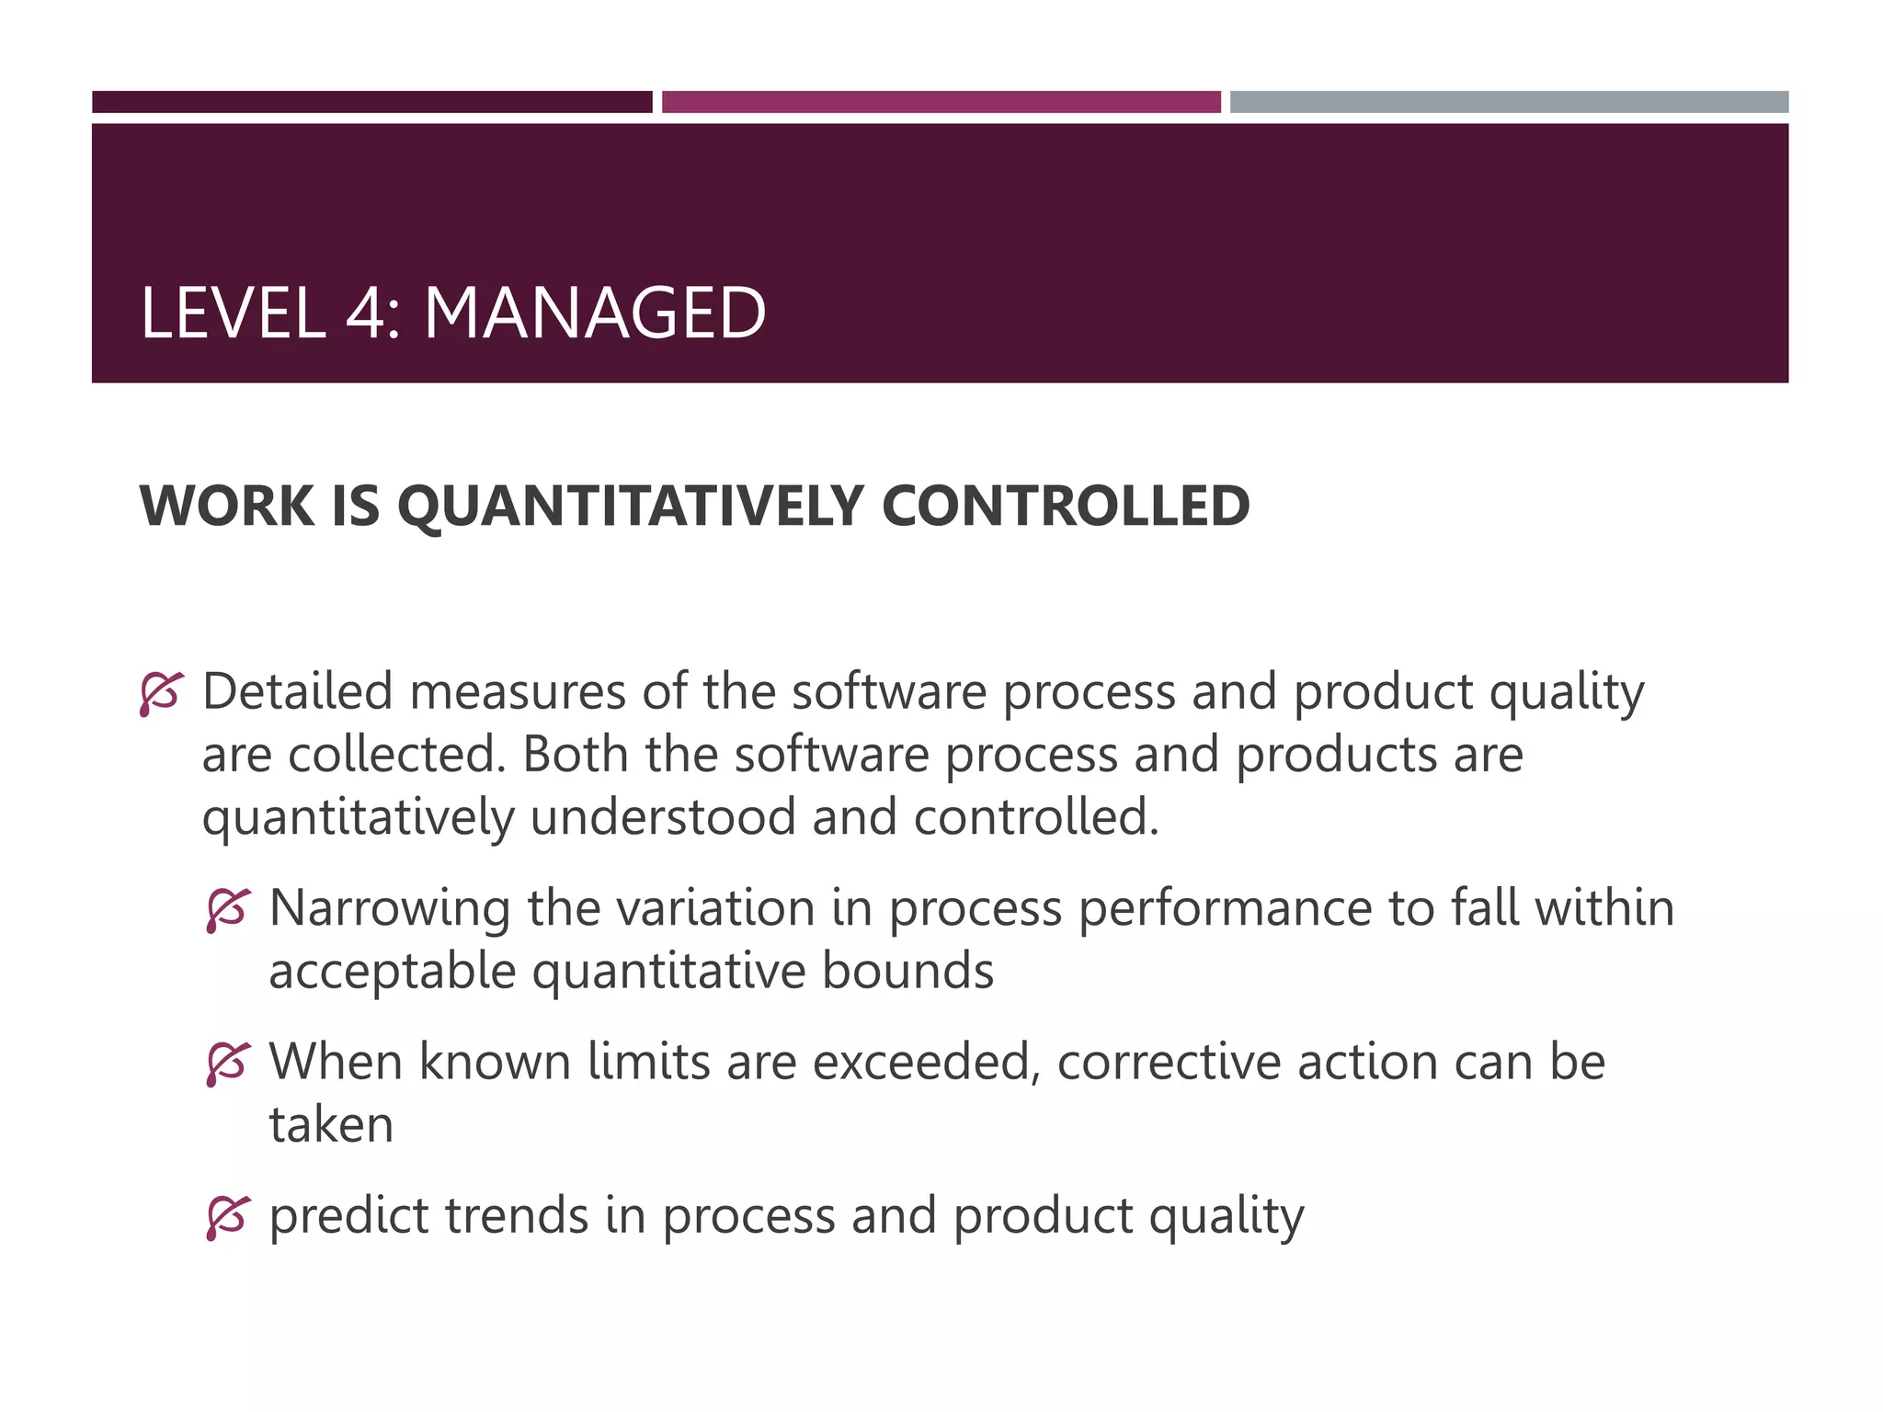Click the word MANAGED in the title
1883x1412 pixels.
[594, 313]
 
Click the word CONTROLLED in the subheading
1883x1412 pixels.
[1066, 506]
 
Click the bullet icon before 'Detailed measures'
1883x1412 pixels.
[161, 694]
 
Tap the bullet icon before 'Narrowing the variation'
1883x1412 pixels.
[227, 910]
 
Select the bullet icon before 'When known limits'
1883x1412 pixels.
[227, 1065]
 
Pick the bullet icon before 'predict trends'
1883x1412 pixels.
[227, 1218]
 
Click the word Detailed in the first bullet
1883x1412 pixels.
[297, 691]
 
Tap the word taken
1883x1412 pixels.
[331, 1125]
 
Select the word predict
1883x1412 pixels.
[348, 1218]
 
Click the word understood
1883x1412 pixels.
[663, 817]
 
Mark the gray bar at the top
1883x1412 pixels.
[1509, 102]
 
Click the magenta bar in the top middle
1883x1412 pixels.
[941, 102]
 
